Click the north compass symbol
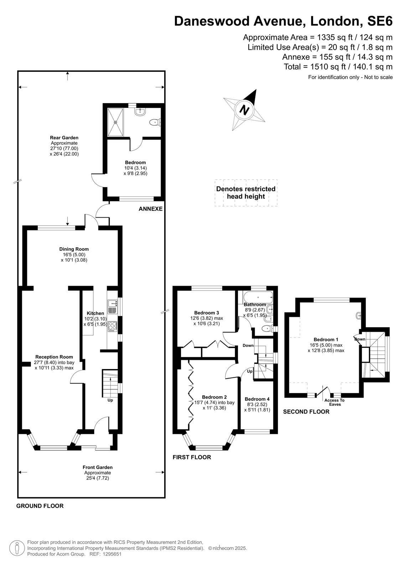(244, 110)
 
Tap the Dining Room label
(74, 249)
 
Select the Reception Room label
(54, 357)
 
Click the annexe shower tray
(115, 122)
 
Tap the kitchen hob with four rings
(112, 326)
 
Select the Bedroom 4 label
(257, 399)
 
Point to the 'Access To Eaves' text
(335, 402)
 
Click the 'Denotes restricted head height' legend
(246, 192)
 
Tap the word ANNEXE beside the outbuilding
(150, 209)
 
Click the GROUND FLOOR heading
(40, 506)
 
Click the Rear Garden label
(64, 138)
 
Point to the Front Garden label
(98, 467)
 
